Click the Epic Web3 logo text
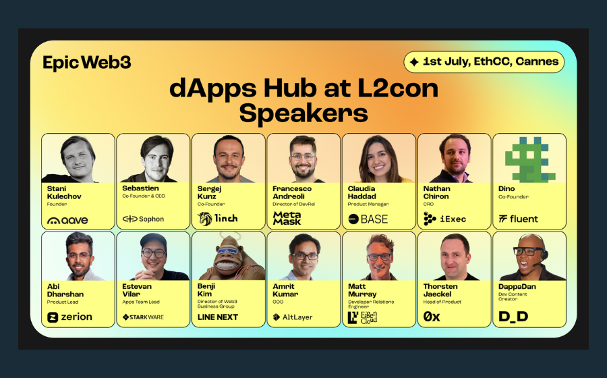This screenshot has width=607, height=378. point(86,63)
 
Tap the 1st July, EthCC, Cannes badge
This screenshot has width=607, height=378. point(484,62)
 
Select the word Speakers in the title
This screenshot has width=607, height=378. point(303,113)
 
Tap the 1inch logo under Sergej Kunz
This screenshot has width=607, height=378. point(218,219)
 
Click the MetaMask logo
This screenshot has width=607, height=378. point(287,218)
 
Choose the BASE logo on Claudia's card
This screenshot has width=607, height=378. point(368,219)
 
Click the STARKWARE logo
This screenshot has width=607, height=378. point(143,317)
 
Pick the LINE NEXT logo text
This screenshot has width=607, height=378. point(218,317)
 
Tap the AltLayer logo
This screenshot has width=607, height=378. point(292,317)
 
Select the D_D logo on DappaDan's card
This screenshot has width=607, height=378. point(513,317)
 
